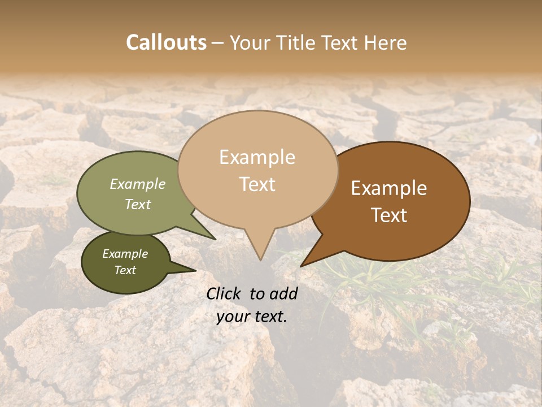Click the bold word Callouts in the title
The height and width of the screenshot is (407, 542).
[166, 42]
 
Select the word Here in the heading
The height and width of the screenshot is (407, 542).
[386, 42]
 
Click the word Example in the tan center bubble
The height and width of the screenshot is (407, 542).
[257, 157]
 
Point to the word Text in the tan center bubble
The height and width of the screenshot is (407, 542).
[257, 184]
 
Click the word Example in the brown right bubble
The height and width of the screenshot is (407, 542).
[389, 188]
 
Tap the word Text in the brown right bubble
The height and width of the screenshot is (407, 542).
[389, 215]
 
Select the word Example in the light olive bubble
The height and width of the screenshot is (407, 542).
[138, 184]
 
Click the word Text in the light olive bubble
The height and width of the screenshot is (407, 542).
[138, 204]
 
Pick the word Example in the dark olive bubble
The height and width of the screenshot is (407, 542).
[125, 254]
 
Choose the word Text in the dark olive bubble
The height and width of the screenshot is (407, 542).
[125, 270]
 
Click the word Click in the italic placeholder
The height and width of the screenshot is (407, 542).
[225, 293]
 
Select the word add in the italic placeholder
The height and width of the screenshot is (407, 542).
[285, 293]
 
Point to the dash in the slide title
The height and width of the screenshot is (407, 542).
[218, 43]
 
